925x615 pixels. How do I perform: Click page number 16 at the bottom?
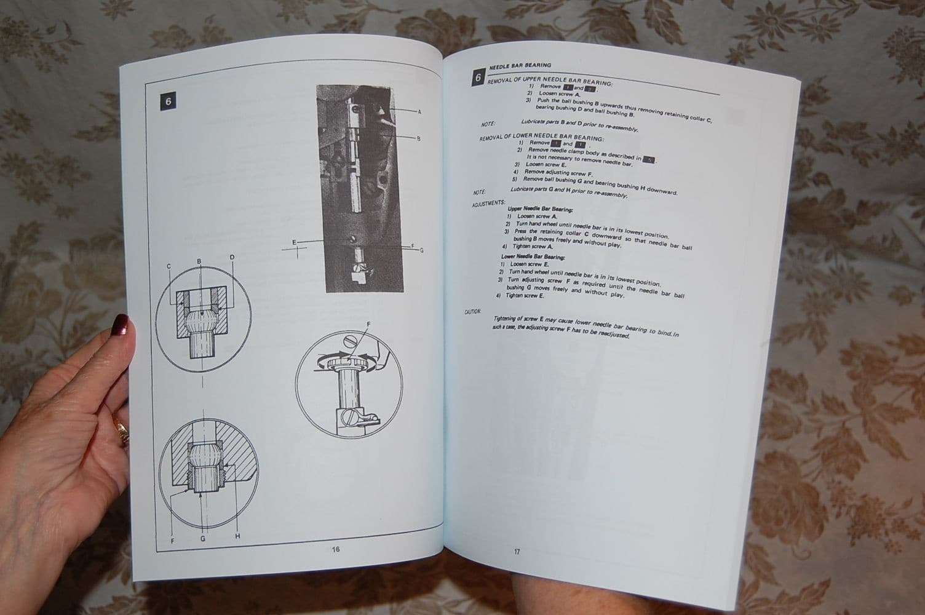click(x=336, y=549)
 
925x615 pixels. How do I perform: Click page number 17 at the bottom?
click(x=517, y=552)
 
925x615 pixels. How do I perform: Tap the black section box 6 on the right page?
click(x=478, y=78)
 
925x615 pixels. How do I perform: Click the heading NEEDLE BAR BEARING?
click(x=520, y=65)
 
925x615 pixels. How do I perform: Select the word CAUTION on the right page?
click(x=472, y=312)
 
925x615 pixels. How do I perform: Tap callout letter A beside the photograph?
click(x=419, y=112)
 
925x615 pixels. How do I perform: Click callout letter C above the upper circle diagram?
click(x=169, y=266)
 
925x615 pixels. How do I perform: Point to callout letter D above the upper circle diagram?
click(x=232, y=257)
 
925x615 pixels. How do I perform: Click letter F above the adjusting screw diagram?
click(x=368, y=323)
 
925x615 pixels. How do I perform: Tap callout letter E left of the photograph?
click(x=295, y=242)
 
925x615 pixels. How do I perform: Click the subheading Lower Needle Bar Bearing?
click(x=533, y=257)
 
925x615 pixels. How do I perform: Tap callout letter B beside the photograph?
click(x=419, y=139)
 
